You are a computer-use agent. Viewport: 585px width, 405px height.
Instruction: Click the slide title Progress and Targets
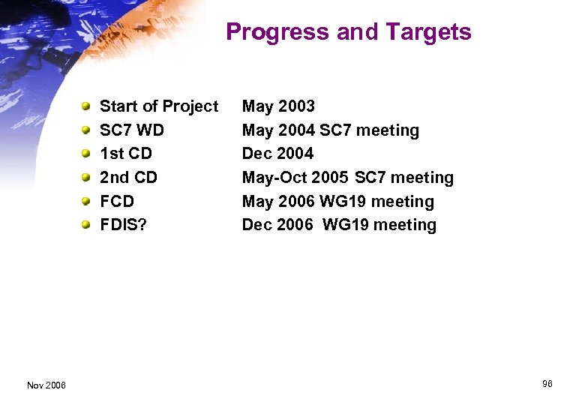tap(348, 32)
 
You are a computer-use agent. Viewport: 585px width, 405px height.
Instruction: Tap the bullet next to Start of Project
tap(87, 106)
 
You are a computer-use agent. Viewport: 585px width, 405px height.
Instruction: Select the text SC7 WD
tap(132, 130)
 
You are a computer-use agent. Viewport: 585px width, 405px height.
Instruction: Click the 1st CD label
tap(126, 154)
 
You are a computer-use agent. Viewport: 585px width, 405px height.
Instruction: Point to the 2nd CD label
tap(128, 178)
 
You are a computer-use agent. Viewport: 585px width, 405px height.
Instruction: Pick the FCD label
tap(117, 202)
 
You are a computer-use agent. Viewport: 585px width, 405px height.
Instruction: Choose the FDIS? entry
tap(123, 225)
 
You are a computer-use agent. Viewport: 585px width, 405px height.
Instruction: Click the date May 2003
tap(278, 106)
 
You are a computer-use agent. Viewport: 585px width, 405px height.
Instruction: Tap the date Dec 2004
tap(277, 154)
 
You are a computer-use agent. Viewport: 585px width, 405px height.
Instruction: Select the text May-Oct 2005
tap(295, 178)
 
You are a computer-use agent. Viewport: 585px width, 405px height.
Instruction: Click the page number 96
tap(547, 384)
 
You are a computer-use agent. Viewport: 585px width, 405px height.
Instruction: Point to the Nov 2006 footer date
tap(46, 385)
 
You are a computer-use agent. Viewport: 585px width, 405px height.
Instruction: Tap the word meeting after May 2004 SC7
tap(387, 130)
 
